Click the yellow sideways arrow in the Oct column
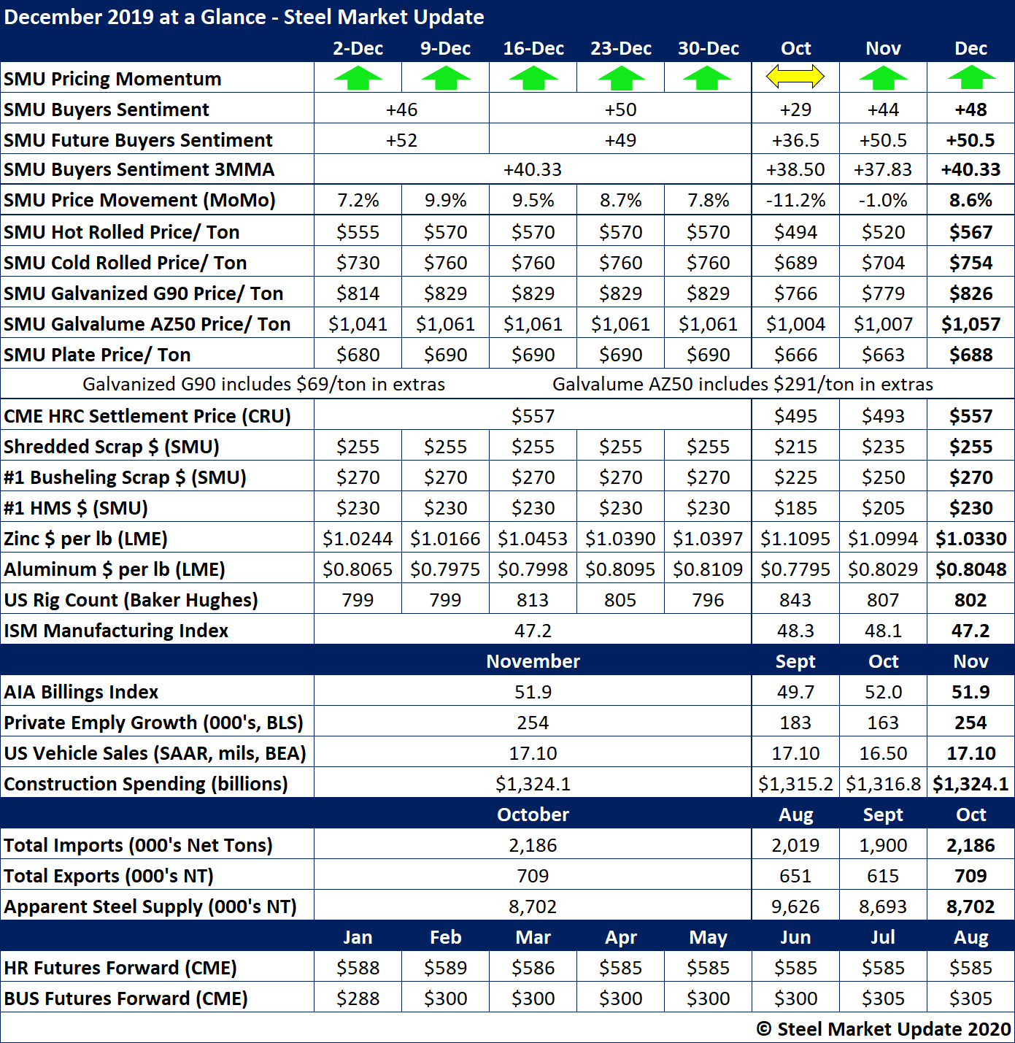(x=795, y=76)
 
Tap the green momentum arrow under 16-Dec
(x=533, y=77)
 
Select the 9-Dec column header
(x=445, y=49)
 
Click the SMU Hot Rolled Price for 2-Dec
(x=358, y=232)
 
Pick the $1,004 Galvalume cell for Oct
(x=795, y=324)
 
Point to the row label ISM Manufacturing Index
(x=116, y=631)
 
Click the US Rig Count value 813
(x=533, y=600)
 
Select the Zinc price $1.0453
(x=533, y=539)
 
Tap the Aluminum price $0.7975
(x=445, y=569)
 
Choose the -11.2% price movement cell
(x=795, y=201)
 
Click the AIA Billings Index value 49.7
(x=795, y=692)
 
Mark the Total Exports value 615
(x=883, y=876)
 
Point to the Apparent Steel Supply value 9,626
(x=795, y=907)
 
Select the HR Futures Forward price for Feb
(x=445, y=968)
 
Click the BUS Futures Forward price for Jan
(x=358, y=998)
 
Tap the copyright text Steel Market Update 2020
(x=884, y=1029)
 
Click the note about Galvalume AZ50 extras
(x=742, y=385)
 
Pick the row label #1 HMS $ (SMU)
(x=76, y=508)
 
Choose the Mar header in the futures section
(x=533, y=937)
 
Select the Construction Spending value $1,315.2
(x=795, y=784)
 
